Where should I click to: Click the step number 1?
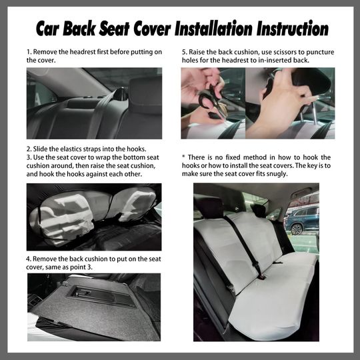coord(29,51)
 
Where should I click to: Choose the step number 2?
coord(29,149)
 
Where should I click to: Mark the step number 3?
coord(29,157)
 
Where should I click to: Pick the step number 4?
coord(29,258)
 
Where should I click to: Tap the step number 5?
coord(184,51)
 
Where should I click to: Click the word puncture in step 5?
coord(315,51)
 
